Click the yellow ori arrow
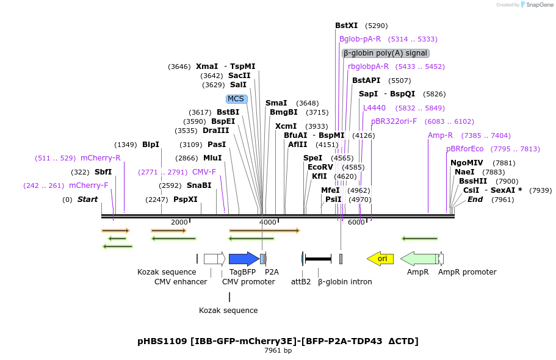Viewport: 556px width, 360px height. (380, 259)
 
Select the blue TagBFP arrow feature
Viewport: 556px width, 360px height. (244, 259)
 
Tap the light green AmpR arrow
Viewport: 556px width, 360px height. (419, 259)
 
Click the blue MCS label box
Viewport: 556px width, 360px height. (236, 99)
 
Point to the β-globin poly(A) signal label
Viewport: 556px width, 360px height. (385, 53)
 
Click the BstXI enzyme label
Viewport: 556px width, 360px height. (347, 26)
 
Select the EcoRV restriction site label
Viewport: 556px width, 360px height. (320, 167)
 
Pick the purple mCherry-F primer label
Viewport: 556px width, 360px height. (88, 185)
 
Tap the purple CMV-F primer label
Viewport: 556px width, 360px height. (204, 172)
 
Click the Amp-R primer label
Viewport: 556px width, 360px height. (440, 135)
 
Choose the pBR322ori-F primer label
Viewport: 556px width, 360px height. (394, 121)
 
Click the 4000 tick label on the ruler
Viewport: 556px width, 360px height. (268, 222)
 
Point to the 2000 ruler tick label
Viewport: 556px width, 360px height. (179, 222)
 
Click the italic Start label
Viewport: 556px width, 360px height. (87, 200)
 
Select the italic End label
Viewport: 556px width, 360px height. (475, 200)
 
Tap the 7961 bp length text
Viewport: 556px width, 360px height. (278, 350)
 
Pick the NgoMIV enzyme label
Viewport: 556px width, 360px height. (466, 163)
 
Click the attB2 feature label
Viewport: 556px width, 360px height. (301, 281)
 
